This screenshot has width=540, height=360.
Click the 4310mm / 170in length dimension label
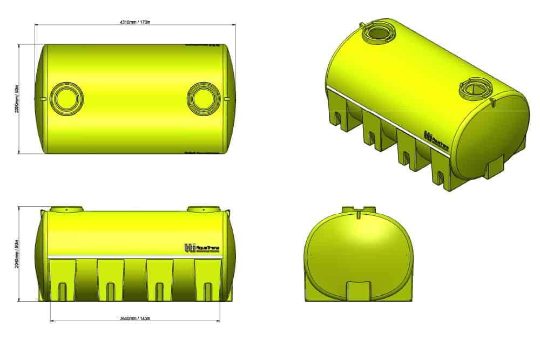pyautogui.click(x=134, y=22)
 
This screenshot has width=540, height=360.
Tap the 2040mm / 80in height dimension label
pyautogui.click(x=17, y=254)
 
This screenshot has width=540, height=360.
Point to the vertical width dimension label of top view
pyautogui.click(x=17, y=99)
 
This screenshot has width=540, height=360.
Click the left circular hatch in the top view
pyautogui.click(x=67, y=99)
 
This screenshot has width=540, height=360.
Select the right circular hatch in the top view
pyautogui.click(x=204, y=99)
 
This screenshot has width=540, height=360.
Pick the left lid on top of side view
pyautogui.click(x=67, y=208)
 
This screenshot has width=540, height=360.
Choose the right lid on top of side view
pyautogui.click(x=204, y=208)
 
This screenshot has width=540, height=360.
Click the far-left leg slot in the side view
pyautogui.click(x=63, y=291)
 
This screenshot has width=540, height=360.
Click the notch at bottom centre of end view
pyautogui.click(x=359, y=289)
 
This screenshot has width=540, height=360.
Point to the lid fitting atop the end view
pyautogui.click(x=359, y=208)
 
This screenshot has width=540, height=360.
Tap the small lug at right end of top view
pyautogui.click(x=229, y=99)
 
